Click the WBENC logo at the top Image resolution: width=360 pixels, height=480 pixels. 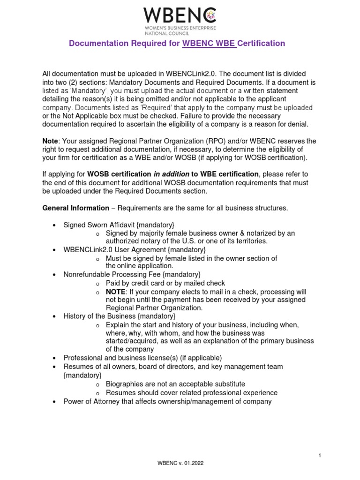(x=180, y=15)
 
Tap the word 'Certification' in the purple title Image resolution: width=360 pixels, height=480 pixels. (x=261, y=44)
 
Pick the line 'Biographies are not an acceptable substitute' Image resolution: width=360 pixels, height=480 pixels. (x=175, y=384)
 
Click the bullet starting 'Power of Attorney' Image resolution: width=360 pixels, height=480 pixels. (x=167, y=401)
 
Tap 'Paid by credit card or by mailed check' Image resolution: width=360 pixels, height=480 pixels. (x=165, y=283)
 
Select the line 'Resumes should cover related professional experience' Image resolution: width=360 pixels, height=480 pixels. (x=191, y=392)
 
